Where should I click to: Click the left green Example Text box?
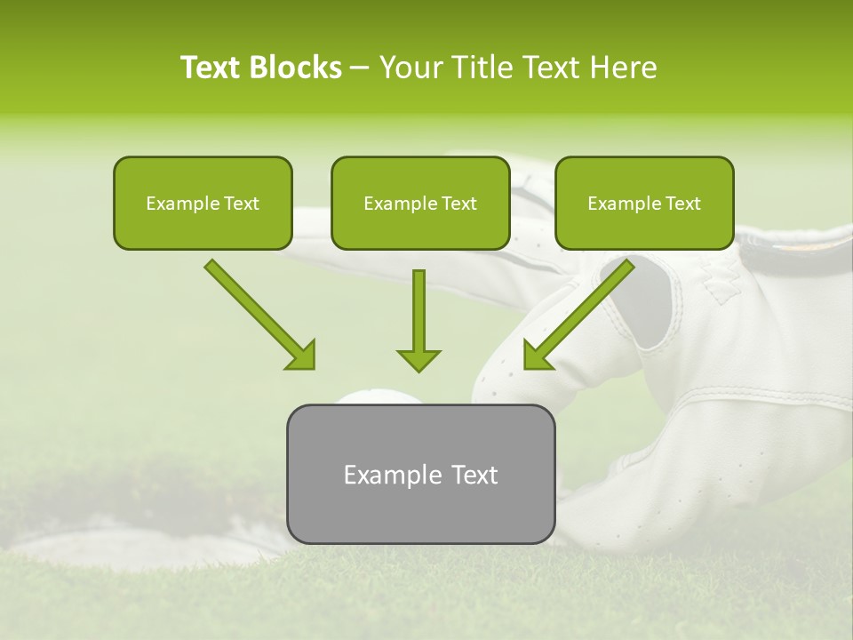point(203,203)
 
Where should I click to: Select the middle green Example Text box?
point(420,203)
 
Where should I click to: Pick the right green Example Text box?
point(644,203)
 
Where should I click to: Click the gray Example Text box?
point(420,474)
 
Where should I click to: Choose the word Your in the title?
point(406,68)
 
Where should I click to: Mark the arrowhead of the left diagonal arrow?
point(301,355)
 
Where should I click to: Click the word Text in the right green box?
point(683,204)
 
